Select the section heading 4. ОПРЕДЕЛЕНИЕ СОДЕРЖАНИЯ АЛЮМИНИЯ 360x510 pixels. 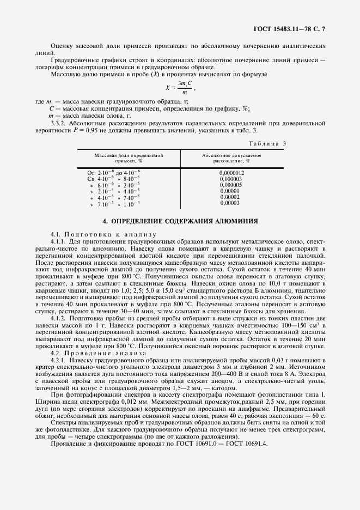pos(180,221)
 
